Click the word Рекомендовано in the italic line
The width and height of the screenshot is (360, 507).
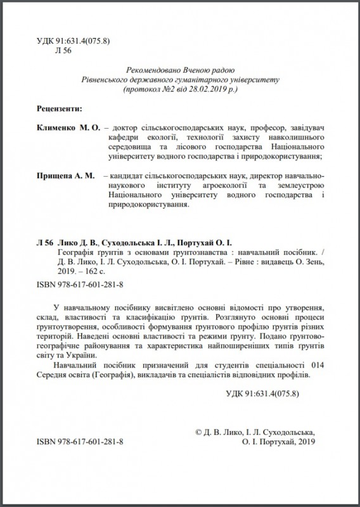pyautogui.click(x=148, y=70)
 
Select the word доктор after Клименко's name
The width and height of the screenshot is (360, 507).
pyautogui.click(x=124, y=127)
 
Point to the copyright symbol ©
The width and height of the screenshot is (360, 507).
pyautogui.click(x=201, y=432)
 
